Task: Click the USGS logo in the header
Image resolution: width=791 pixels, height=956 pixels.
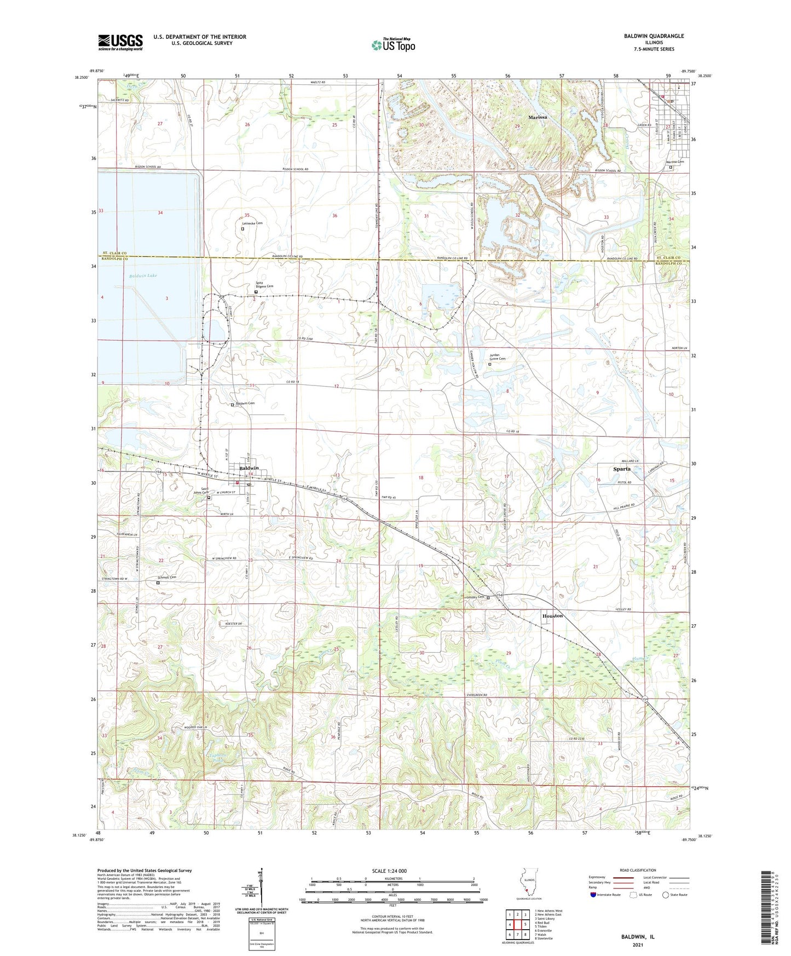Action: (x=120, y=42)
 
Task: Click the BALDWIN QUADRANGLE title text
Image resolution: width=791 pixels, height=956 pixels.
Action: (x=654, y=36)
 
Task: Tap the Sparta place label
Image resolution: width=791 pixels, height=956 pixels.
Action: (x=621, y=469)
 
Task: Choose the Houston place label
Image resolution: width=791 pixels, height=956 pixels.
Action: (x=552, y=616)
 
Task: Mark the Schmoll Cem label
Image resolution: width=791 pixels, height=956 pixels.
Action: (x=167, y=577)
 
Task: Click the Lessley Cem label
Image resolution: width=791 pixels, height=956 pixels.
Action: (x=475, y=597)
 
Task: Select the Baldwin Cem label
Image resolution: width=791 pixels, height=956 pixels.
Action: (x=245, y=403)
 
